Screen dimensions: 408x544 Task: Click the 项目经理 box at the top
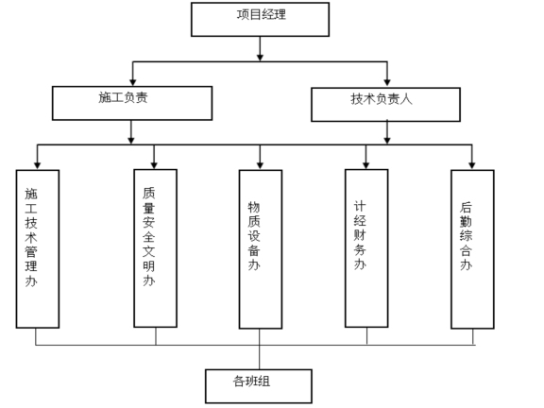(x=260, y=18)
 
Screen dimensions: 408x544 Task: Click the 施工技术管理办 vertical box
(x=38, y=248)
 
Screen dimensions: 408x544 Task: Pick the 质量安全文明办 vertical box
(x=155, y=248)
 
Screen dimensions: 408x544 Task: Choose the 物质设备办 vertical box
(x=260, y=248)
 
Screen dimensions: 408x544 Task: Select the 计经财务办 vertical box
(x=366, y=248)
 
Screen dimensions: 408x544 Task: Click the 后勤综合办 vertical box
(x=472, y=248)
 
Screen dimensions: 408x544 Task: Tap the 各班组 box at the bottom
(x=259, y=383)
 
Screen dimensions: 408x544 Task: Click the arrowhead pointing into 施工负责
(x=132, y=82)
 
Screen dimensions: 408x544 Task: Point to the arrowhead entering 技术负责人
(x=387, y=82)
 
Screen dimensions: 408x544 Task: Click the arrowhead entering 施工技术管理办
(x=38, y=164)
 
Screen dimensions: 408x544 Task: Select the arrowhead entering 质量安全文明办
(x=155, y=164)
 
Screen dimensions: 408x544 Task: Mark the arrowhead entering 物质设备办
(x=260, y=164)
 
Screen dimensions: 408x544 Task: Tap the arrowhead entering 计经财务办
(x=366, y=164)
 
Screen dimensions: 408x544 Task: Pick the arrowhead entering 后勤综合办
(x=472, y=164)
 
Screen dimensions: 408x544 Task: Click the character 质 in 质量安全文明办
(x=148, y=193)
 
